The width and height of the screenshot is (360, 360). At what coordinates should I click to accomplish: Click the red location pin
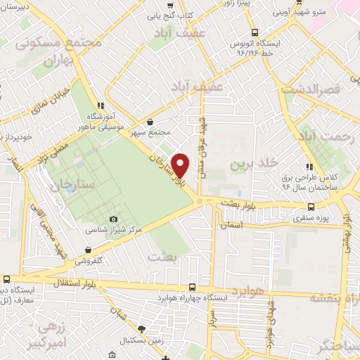[x=181, y=165]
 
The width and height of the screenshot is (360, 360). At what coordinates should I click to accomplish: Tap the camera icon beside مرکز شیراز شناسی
[x=115, y=219]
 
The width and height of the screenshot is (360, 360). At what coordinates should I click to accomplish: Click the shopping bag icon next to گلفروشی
[x=87, y=249]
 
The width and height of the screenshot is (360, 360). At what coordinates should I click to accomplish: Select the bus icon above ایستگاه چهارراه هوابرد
[x=193, y=287]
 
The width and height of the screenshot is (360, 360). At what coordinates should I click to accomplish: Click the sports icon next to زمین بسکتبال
[x=143, y=329]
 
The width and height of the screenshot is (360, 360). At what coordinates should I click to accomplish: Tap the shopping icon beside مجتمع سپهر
[x=149, y=122]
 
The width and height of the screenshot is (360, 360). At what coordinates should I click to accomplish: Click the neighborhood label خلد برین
[x=250, y=164]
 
